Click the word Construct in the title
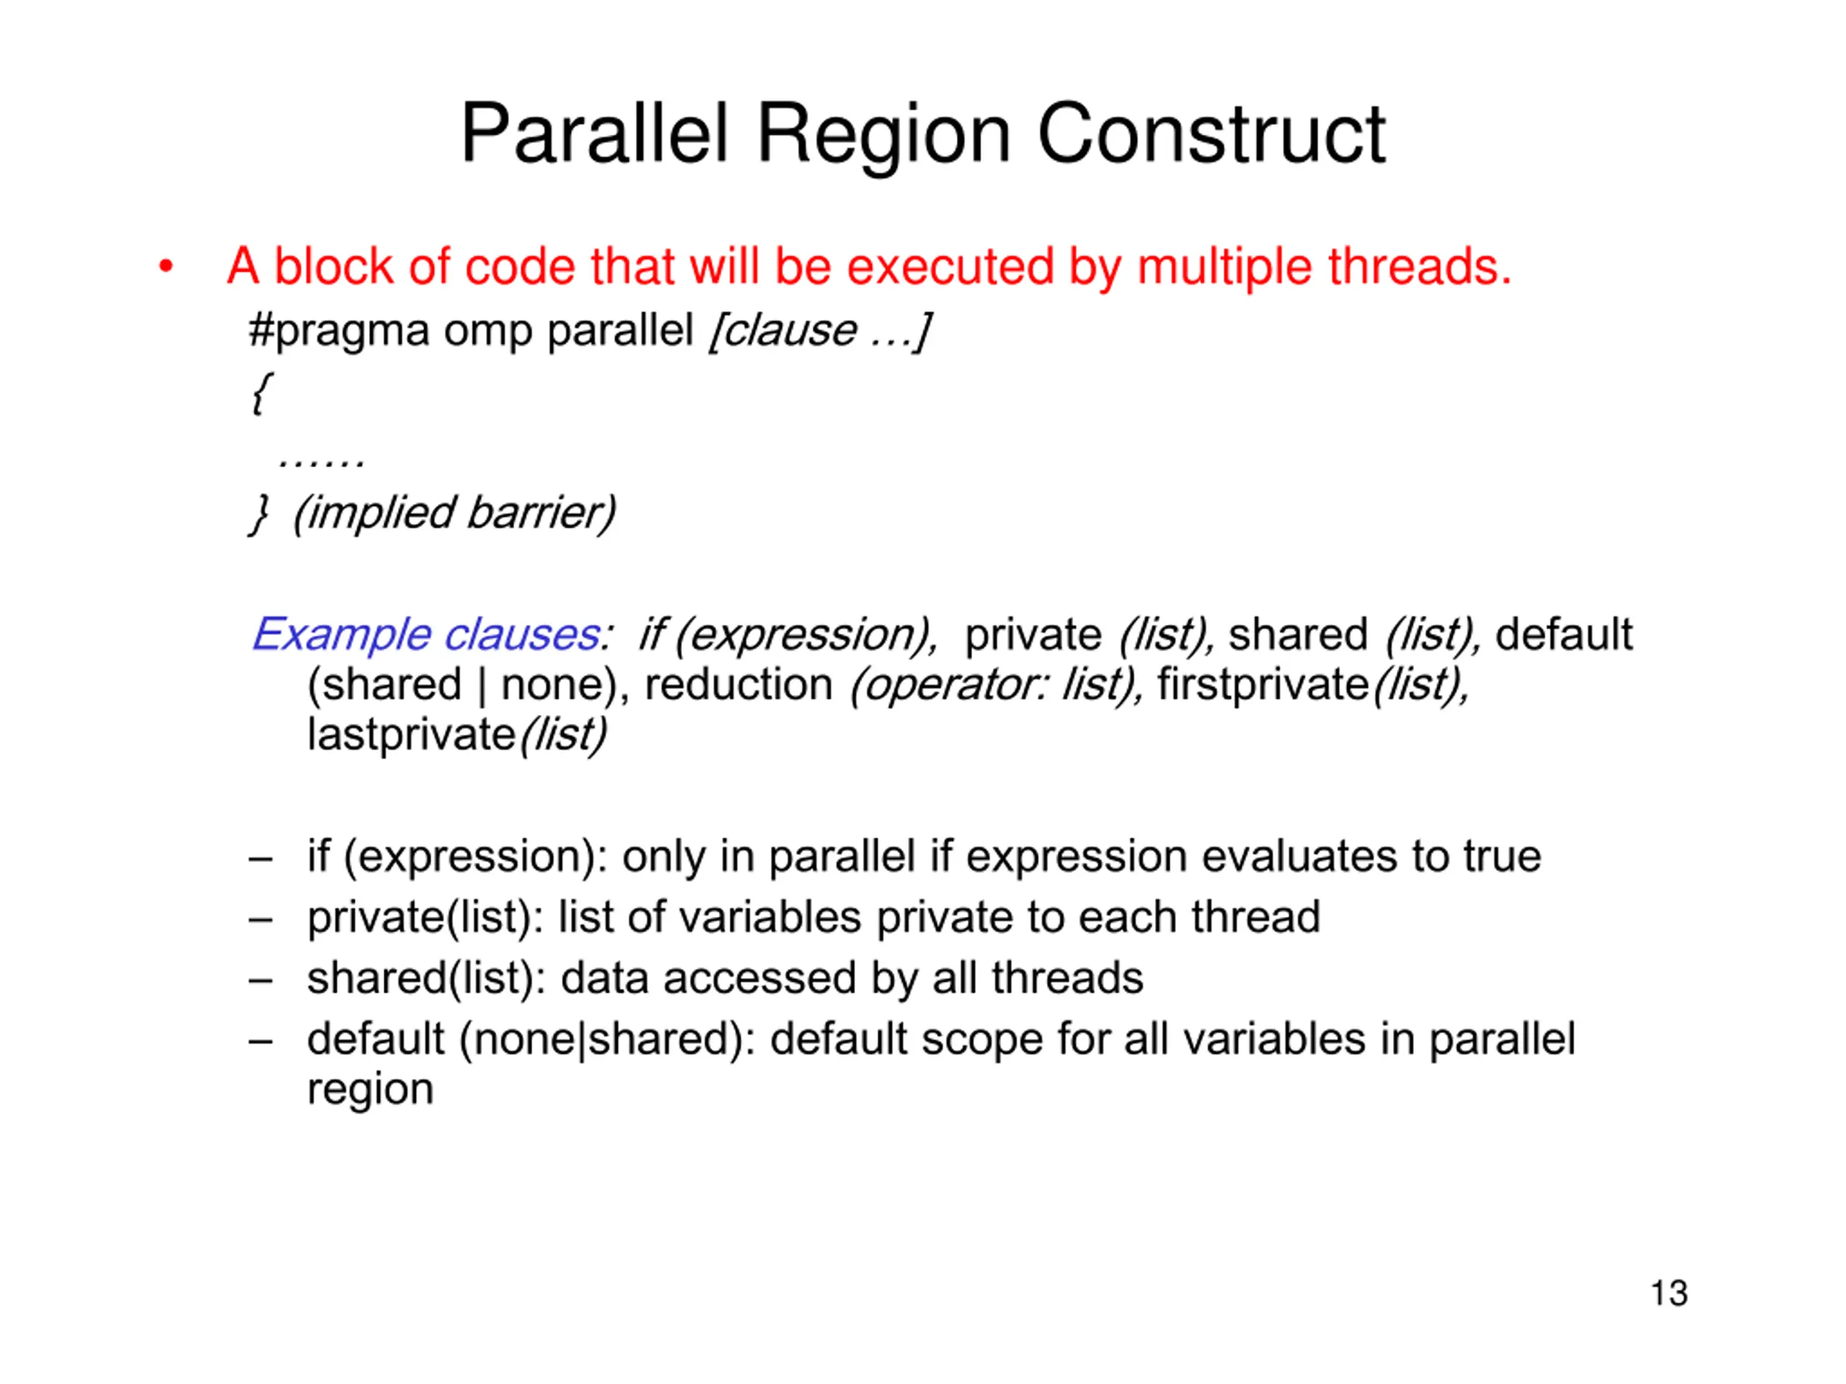[x=1211, y=133]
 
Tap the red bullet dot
[x=166, y=267]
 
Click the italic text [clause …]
[x=818, y=331]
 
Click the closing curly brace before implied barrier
[x=260, y=513]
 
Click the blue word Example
[x=341, y=636]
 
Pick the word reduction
[x=738, y=685]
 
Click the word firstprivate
[x=1263, y=685]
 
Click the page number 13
[x=1669, y=1294]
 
